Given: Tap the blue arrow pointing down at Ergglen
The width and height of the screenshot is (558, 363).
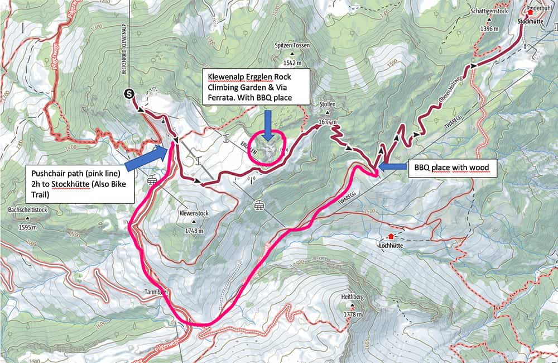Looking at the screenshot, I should click(x=268, y=124).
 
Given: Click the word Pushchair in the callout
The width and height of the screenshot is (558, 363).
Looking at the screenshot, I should click(x=49, y=173).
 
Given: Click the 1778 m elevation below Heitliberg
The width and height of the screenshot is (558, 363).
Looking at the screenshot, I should click(x=354, y=314).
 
